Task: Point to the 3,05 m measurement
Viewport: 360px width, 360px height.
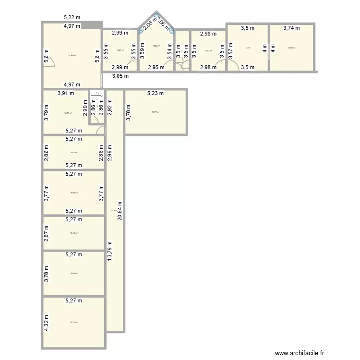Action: pos(120,76)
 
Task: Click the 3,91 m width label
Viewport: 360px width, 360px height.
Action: pos(66,94)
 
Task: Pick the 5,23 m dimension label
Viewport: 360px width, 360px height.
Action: pos(156,94)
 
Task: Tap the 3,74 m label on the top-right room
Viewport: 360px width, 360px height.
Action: pos(291,28)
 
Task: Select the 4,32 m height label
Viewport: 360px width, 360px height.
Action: pos(47,323)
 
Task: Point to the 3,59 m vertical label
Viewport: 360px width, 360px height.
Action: pos(142,50)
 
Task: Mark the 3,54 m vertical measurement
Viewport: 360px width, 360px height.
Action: pos(169,50)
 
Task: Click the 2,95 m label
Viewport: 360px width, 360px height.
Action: pos(156,68)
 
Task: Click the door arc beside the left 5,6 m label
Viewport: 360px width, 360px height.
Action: pos(48,63)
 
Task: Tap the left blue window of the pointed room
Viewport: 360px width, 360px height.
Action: pos(142,30)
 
